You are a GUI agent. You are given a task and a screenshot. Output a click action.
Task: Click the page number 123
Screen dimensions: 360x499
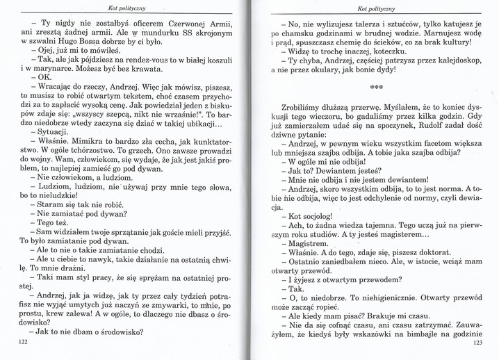pyautogui.click(x=477, y=343)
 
